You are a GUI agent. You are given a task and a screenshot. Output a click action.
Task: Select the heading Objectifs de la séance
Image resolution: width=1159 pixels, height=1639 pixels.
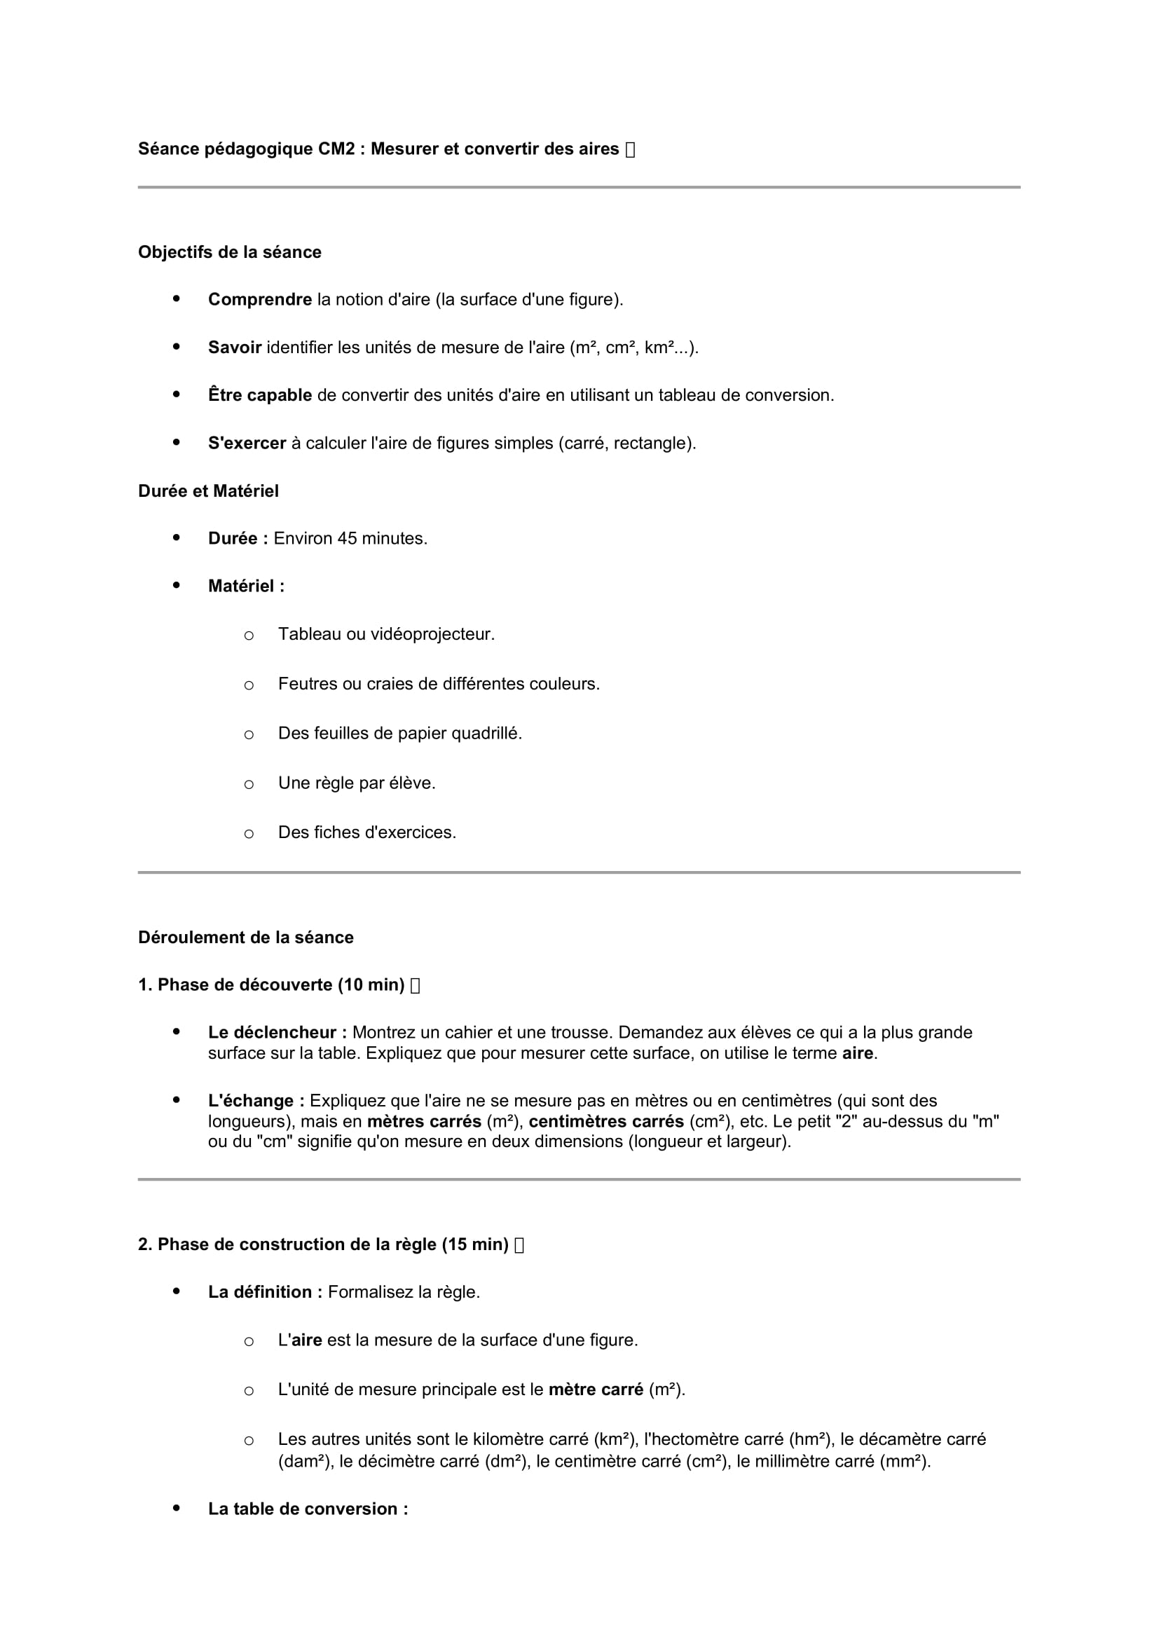pos(230,252)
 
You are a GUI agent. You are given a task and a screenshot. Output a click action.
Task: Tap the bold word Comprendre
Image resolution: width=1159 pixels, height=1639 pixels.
pos(260,300)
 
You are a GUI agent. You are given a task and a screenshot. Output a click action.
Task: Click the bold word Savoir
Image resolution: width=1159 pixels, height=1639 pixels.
pos(235,348)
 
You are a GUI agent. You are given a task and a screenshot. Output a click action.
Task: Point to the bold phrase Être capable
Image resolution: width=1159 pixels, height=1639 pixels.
pos(260,395)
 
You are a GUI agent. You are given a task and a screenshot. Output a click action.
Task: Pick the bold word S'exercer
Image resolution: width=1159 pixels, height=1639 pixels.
pos(247,444)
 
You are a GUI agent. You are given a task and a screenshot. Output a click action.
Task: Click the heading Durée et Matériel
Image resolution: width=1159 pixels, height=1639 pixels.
pos(208,491)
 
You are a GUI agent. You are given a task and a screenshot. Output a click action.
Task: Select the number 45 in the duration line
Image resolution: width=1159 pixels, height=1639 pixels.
pos(347,539)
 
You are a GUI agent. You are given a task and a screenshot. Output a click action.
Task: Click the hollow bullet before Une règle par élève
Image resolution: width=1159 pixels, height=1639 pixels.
pos(248,785)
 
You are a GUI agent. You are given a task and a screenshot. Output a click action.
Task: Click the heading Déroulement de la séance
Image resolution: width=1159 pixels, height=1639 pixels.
pos(245,938)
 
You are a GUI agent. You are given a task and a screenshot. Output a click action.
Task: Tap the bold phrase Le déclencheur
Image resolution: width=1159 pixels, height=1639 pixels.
pos(277,1033)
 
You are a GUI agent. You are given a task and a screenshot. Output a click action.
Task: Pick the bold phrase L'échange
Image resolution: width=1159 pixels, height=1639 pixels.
pos(256,1101)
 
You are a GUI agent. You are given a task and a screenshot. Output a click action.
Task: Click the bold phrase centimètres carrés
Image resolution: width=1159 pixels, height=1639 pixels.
pos(606,1121)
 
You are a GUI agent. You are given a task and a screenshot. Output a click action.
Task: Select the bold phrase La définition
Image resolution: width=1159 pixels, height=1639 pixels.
pos(265,1292)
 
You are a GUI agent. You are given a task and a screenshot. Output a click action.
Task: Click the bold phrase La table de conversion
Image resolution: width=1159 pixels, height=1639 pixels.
pos(308,1509)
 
